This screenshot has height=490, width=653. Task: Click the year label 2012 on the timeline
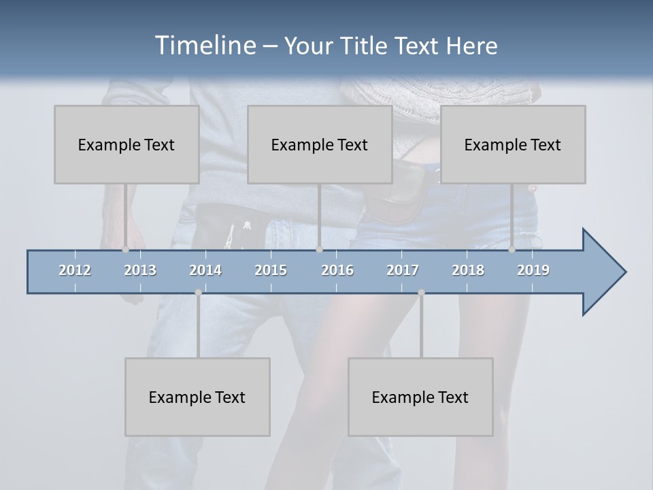[x=75, y=270]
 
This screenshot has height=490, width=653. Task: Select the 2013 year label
[x=140, y=270]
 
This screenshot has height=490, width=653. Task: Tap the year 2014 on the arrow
[x=205, y=270]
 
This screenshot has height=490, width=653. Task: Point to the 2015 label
[x=271, y=270]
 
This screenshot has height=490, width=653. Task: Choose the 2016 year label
[x=337, y=270]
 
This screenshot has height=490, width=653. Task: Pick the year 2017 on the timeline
[x=403, y=270]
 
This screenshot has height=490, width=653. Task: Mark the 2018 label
[x=468, y=270]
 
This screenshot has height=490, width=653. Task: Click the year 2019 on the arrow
[x=533, y=270]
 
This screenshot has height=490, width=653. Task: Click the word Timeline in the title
[x=204, y=46]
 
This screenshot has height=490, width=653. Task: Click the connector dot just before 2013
[x=126, y=249]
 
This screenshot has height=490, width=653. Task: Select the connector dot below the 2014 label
[x=198, y=292]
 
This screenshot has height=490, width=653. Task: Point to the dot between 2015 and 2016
[x=319, y=249]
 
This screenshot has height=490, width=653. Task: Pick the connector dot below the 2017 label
[x=421, y=292]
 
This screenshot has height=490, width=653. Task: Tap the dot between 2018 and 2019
[x=512, y=249]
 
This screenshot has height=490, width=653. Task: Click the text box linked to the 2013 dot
[x=127, y=144]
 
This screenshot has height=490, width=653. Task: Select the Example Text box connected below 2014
[x=197, y=397]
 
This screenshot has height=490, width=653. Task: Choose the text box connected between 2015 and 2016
[x=320, y=144]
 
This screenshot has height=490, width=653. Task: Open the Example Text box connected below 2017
[x=420, y=397]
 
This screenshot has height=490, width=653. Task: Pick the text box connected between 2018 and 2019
[x=513, y=144]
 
